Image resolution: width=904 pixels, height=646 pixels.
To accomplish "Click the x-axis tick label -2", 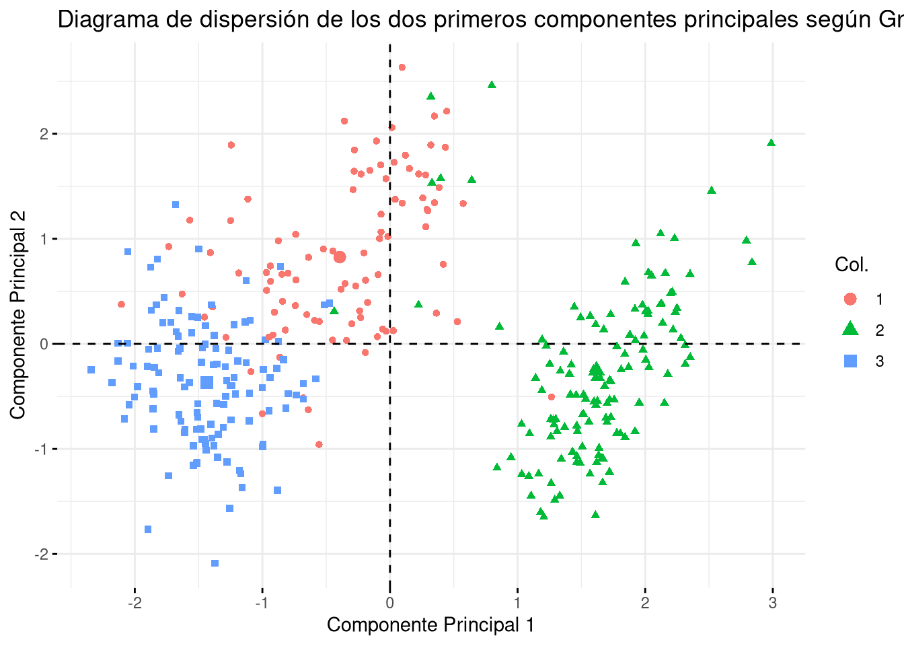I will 134,603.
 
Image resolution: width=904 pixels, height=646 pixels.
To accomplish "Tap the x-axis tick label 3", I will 772,603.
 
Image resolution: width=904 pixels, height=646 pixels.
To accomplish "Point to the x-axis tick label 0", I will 389,603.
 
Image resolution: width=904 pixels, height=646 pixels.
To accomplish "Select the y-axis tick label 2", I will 44,134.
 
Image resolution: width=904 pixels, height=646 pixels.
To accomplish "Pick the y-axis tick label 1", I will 44,239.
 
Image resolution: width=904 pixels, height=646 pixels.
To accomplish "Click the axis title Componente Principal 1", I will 430,625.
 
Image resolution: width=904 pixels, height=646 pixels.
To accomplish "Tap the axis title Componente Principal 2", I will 18,314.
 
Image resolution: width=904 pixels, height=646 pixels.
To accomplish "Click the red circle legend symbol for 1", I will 850,299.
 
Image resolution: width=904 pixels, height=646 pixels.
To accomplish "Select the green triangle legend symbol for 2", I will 850,330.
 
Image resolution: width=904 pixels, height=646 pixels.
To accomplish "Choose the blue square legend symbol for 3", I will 850,361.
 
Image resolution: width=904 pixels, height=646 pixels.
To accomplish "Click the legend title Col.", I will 852,264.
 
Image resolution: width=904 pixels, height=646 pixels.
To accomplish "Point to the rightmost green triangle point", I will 771,143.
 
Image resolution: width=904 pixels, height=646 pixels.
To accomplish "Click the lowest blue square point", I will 215,563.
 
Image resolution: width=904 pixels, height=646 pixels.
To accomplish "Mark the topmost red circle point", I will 402,67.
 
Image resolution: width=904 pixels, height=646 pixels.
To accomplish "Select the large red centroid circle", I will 340,257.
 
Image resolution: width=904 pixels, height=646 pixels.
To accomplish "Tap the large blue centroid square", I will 206,383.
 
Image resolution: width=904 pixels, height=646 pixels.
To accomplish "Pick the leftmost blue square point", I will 91,369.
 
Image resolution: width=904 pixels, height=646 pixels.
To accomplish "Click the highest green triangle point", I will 492,85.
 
